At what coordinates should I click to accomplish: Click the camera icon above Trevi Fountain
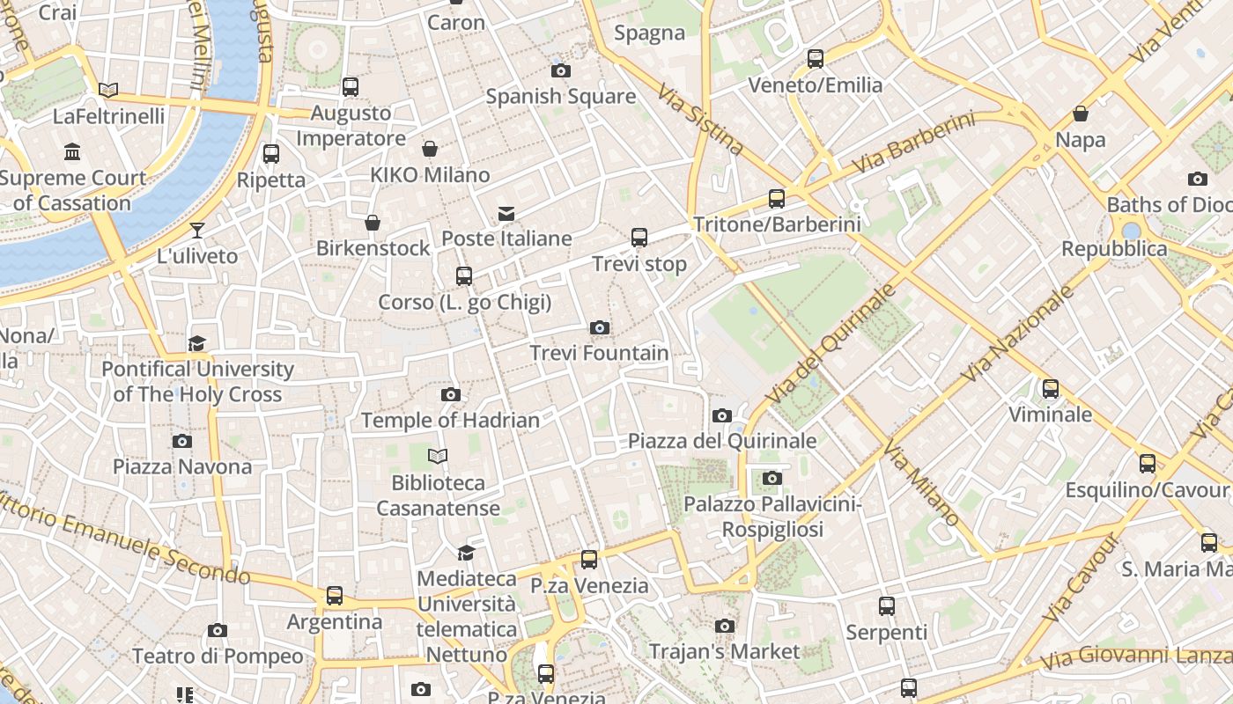tap(600, 328)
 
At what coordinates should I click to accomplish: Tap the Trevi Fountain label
tap(599, 353)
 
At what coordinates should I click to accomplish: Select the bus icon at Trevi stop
tap(639, 238)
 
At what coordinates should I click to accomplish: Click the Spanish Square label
tap(560, 96)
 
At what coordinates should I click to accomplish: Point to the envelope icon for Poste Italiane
tap(506, 213)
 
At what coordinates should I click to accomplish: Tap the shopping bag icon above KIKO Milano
tap(430, 149)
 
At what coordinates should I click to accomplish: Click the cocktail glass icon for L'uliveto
tap(197, 231)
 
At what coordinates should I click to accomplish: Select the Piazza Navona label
tap(182, 466)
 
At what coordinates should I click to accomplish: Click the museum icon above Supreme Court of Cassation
tap(72, 152)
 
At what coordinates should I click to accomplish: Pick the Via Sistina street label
tap(701, 119)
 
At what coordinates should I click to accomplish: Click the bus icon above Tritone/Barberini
tap(776, 199)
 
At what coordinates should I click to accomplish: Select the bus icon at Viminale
tap(1050, 389)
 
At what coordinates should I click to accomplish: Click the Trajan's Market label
tap(724, 651)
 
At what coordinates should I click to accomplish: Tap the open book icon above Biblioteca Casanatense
tap(438, 456)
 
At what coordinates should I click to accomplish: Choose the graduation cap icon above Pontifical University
tap(197, 343)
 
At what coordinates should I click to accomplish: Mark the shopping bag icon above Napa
tap(1080, 114)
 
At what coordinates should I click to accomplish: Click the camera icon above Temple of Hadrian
tap(450, 394)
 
